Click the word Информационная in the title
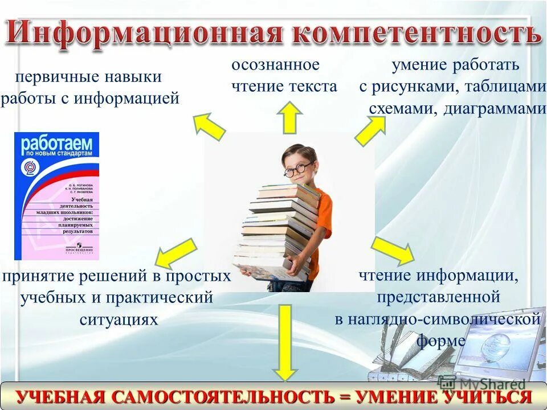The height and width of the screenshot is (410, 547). (x=145, y=32)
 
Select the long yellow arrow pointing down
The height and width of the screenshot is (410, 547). (x=285, y=342)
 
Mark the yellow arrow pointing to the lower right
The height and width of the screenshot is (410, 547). (x=393, y=249)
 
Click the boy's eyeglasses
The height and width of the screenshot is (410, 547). (x=297, y=170)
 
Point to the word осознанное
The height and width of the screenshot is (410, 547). (x=275, y=65)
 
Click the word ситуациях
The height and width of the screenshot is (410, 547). (x=119, y=319)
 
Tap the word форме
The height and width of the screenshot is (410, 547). (x=440, y=341)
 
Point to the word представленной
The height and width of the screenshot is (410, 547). (x=438, y=297)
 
